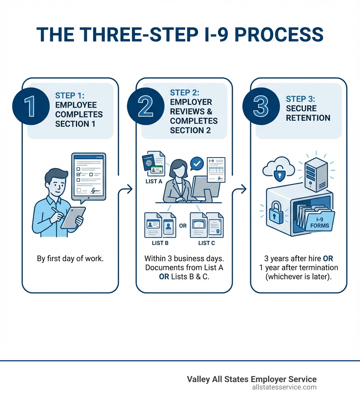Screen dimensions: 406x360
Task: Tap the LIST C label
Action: pos(206,243)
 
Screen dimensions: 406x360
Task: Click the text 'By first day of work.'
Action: pos(70,259)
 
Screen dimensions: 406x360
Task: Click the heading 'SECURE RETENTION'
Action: pos(308,113)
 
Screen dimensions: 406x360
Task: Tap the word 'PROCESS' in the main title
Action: pos(279,34)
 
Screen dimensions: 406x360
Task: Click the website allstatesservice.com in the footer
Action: pos(284,387)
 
